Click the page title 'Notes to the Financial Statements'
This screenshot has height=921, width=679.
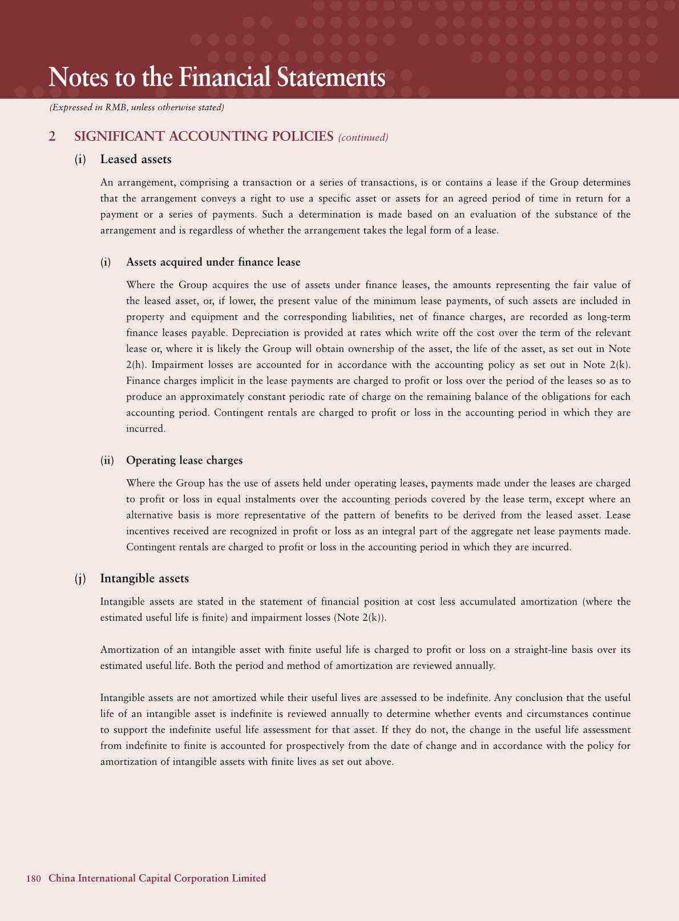point(217,78)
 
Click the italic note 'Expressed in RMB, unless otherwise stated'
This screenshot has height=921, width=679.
point(137,107)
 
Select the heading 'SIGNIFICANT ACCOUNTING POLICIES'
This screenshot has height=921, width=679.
point(204,136)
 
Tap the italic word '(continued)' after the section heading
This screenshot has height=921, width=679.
point(363,137)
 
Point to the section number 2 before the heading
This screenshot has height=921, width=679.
point(52,136)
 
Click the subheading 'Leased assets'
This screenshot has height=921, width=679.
point(136,159)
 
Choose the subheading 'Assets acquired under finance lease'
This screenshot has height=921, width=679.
point(213,262)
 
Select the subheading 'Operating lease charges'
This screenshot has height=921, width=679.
point(184,460)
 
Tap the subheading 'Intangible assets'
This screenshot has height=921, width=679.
point(144,578)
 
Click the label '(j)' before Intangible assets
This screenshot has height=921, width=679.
point(80,578)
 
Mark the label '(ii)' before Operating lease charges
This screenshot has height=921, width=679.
point(107,460)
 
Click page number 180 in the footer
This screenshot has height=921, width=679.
point(33,878)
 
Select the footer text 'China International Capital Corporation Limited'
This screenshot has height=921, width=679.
point(157,878)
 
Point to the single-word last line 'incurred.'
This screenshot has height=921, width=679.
point(145,428)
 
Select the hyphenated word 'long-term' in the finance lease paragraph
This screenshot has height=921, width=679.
point(609,317)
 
